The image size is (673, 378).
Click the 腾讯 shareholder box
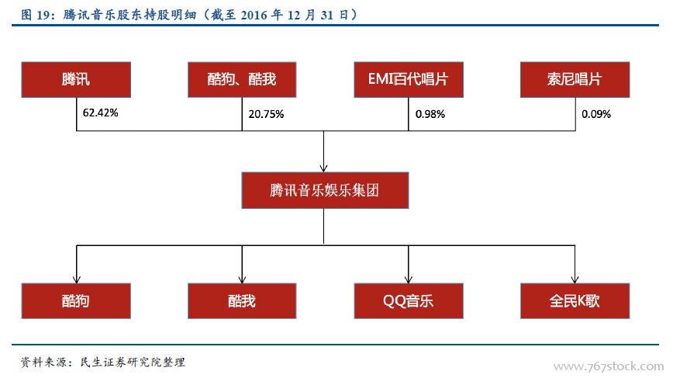pos(76,79)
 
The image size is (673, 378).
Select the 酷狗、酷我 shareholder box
pos(242,79)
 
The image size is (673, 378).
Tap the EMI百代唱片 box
pos(409,79)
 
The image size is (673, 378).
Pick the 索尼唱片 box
pos(575,79)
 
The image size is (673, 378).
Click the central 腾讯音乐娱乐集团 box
pos(325,190)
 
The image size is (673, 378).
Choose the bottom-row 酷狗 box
pos(76,300)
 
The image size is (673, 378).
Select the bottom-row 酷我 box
pos(242,300)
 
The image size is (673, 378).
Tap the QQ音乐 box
pos(409,300)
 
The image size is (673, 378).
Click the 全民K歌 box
pos(575,300)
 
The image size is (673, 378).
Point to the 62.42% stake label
pos(101,113)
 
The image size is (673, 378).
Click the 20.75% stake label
pos(266,114)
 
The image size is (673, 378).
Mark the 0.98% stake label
pos(430,114)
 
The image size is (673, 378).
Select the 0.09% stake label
pos(596,114)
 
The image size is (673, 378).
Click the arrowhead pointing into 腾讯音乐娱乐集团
pos(323,168)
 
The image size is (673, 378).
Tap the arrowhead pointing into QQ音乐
pos(408,279)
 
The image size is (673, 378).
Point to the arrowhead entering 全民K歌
pos(575,279)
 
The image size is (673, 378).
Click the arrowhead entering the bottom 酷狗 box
pos(77,279)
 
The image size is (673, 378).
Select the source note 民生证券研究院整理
pos(133,362)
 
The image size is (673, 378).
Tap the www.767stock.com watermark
pos(609,366)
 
